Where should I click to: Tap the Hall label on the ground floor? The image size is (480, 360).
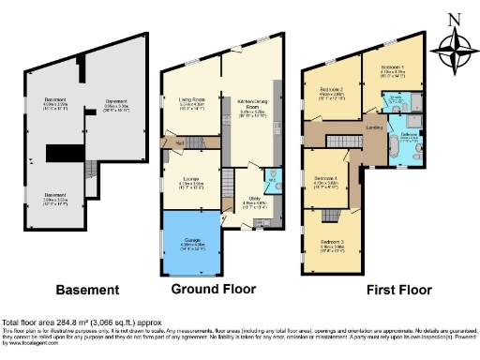178,142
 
